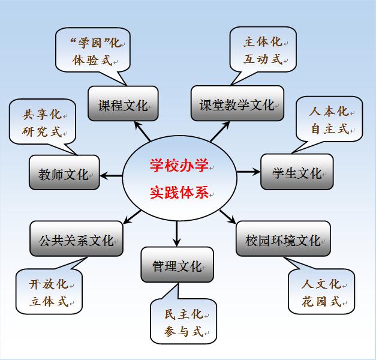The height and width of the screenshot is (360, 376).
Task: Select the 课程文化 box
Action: (123, 105)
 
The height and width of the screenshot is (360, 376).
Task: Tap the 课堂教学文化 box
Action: (236, 105)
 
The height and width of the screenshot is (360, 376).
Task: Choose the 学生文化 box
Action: (296, 173)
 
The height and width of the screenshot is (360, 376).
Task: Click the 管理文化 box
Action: (178, 265)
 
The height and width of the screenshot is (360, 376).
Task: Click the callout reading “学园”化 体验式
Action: (93, 51)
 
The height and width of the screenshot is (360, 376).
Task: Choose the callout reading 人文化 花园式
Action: (321, 292)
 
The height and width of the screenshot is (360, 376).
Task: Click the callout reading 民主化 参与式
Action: (184, 322)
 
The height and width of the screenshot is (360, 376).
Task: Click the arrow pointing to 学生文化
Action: (247, 172)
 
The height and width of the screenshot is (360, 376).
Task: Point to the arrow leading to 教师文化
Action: (112, 175)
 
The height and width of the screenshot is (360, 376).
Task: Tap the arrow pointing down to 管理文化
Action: (178, 234)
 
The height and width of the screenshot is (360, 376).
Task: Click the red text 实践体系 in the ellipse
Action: (178, 194)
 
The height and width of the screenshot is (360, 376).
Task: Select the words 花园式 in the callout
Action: (321, 301)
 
